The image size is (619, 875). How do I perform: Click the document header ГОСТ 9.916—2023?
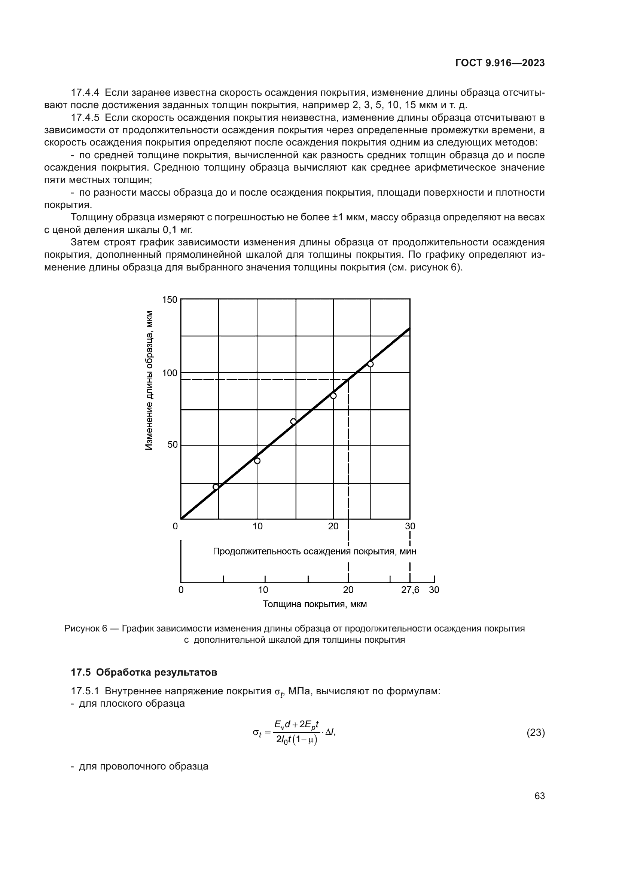(500, 63)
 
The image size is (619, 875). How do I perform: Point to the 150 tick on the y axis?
(170, 300)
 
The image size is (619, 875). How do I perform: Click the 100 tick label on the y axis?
(170, 373)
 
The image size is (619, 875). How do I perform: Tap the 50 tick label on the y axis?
(173, 445)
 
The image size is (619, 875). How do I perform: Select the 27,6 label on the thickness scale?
(410, 590)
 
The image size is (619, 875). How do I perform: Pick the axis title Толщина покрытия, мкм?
(314, 604)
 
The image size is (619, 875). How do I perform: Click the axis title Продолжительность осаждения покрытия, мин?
(314, 551)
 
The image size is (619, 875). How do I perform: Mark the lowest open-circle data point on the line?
(216, 487)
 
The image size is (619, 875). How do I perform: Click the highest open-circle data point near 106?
(370, 364)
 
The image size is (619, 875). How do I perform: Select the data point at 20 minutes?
(333, 395)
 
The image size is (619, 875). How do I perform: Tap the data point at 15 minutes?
(293, 421)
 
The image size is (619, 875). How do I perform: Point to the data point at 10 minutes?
(257, 461)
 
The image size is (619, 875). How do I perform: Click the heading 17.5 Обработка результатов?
(144, 672)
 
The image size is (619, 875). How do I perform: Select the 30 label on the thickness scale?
(434, 590)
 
